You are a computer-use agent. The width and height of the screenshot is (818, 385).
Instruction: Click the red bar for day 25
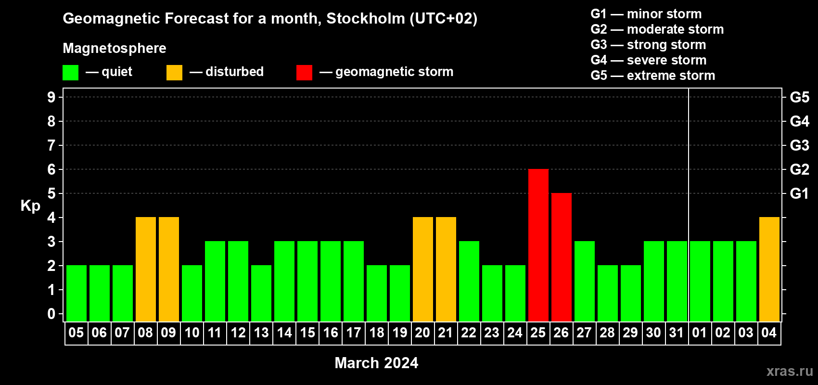pos(538,245)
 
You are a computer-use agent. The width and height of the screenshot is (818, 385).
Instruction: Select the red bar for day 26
pos(561,257)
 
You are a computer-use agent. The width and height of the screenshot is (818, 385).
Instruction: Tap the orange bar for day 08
pos(146,269)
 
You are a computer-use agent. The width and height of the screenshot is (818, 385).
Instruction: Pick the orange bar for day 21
pos(446,269)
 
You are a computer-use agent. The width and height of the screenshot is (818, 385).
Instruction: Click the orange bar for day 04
pos(769,269)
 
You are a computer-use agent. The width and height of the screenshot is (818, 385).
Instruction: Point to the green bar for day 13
pos(261,293)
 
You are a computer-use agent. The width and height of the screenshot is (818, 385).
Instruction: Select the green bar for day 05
pos(77,293)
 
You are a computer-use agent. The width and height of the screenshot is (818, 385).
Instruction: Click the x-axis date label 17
pos(354,333)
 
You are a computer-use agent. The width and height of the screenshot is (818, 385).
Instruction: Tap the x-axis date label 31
pos(677,333)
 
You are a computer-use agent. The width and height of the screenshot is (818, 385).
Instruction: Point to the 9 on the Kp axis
pos(51,97)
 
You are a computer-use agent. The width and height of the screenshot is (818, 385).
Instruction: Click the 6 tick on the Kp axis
pos(51,169)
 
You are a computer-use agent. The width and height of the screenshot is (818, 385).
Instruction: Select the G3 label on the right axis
pos(799,145)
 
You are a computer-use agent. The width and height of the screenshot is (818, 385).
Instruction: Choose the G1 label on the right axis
pos(799,193)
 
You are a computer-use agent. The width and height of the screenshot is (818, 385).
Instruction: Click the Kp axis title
pos(30,206)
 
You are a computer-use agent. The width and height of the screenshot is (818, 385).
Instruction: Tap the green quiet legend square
pos(70,72)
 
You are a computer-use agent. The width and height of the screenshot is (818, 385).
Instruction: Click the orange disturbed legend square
pos(174,72)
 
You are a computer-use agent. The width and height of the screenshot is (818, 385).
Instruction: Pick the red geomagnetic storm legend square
pos(304,72)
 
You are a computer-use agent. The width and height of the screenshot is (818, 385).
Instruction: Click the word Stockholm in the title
pos(366,18)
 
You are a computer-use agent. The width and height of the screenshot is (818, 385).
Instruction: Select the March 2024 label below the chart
pos(376,363)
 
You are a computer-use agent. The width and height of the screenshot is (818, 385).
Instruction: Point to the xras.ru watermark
pos(790,371)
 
